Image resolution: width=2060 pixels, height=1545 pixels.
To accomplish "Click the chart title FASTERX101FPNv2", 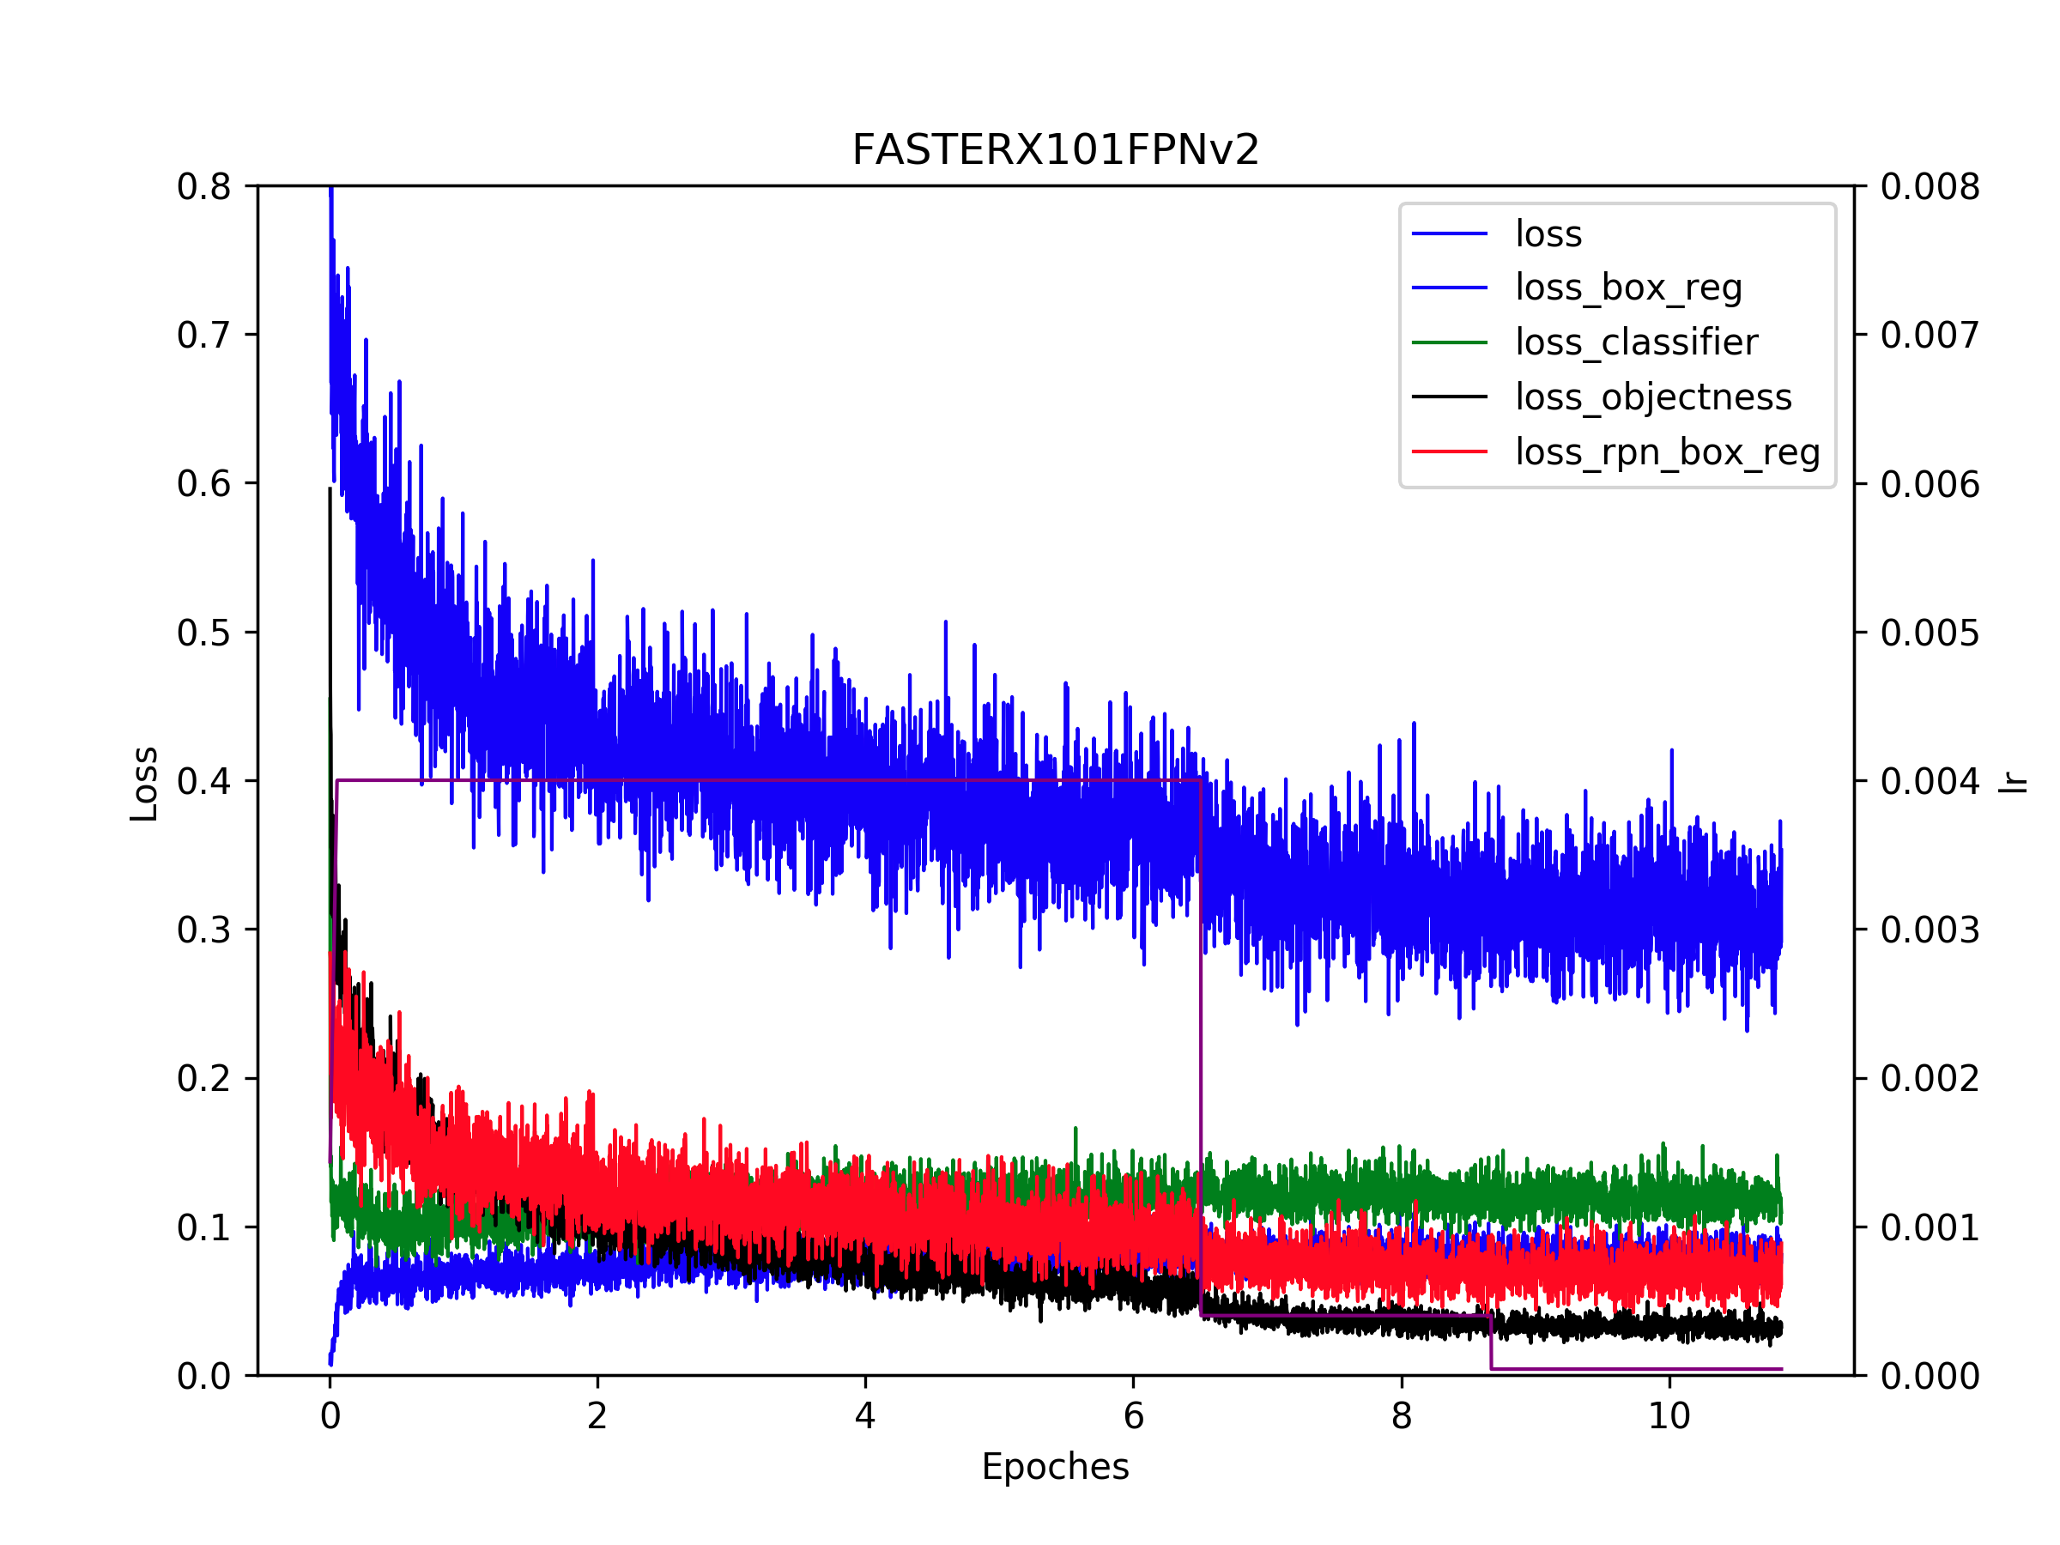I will click(x=1055, y=150).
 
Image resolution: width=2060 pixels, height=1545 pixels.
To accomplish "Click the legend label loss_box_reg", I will click(x=1628, y=288).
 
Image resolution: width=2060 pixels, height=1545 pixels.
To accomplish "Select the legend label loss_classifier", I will click(x=1636, y=342).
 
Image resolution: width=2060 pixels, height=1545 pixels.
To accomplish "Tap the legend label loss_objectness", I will click(x=1653, y=397).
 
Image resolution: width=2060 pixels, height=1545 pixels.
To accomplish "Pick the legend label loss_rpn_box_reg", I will click(x=1667, y=452).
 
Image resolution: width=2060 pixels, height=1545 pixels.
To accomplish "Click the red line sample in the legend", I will click(x=1449, y=451).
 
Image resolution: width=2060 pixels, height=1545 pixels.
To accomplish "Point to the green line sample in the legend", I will click(x=1449, y=342).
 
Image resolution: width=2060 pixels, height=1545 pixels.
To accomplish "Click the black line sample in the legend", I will click(x=1449, y=397).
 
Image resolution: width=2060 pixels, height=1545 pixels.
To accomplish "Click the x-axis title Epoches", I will click(x=1055, y=1467).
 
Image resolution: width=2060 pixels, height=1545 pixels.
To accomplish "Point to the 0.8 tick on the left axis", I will click(x=204, y=187).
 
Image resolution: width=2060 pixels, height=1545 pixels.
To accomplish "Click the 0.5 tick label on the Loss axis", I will click(x=204, y=633).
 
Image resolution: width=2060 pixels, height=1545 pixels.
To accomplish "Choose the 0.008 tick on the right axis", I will click(x=1930, y=187).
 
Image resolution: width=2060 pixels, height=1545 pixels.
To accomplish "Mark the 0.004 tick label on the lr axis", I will click(x=1930, y=781).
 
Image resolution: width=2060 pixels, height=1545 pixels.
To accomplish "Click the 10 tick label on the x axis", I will click(x=1669, y=1416).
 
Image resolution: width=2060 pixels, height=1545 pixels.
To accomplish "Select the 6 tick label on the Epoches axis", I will click(x=1133, y=1416).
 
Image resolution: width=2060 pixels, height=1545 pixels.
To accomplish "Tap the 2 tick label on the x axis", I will click(x=597, y=1416).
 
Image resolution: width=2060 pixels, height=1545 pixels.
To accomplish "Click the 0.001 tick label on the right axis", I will click(x=1930, y=1228).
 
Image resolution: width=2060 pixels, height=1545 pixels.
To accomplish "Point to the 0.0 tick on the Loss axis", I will click(x=204, y=1377).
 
